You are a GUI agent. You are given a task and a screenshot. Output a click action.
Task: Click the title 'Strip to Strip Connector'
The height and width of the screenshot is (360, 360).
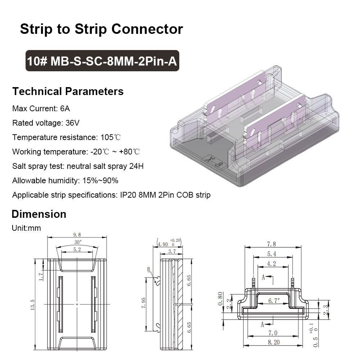101,29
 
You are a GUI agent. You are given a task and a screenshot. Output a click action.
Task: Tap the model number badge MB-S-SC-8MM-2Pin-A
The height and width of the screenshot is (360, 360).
102,61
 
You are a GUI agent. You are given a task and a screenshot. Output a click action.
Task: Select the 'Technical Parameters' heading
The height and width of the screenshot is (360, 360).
68,91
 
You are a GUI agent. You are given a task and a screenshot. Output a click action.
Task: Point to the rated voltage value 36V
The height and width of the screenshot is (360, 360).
72,123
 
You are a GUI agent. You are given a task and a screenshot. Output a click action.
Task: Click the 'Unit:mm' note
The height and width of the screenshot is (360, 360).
26,228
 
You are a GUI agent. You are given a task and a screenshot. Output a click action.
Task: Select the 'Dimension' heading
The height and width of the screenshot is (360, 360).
39,214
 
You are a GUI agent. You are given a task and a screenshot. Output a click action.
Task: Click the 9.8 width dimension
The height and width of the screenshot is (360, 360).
77,235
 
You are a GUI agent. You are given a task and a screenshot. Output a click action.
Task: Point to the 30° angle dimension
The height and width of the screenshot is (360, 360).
77,242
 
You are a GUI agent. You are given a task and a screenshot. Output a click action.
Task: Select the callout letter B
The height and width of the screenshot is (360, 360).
148,269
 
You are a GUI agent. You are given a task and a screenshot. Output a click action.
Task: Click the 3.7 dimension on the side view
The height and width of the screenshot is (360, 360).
172,252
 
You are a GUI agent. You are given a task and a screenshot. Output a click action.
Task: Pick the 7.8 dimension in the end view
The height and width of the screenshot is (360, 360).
273,244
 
